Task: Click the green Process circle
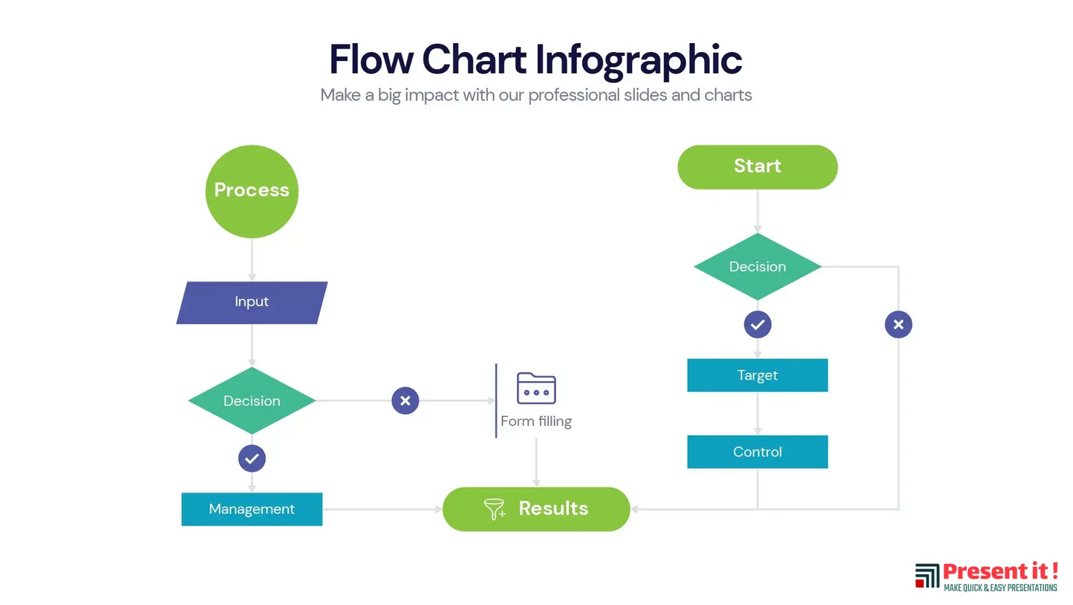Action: (x=252, y=191)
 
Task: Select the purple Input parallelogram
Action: (x=252, y=302)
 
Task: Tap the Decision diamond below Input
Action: (x=252, y=401)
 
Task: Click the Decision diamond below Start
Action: (x=757, y=267)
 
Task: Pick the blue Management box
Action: (x=252, y=509)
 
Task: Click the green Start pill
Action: (x=757, y=166)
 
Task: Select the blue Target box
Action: (x=757, y=375)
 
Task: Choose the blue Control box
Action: (x=757, y=452)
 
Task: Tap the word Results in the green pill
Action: (x=553, y=508)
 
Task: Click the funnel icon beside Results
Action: (x=495, y=509)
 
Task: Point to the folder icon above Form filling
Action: (x=536, y=388)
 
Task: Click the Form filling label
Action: (x=536, y=421)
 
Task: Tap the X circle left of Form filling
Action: (x=405, y=401)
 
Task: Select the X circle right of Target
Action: (x=898, y=325)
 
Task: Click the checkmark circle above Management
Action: (x=252, y=459)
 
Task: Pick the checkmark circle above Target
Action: (x=757, y=325)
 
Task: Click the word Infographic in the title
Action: (x=639, y=59)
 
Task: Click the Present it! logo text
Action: (x=999, y=572)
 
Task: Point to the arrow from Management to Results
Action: (x=382, y=509)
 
